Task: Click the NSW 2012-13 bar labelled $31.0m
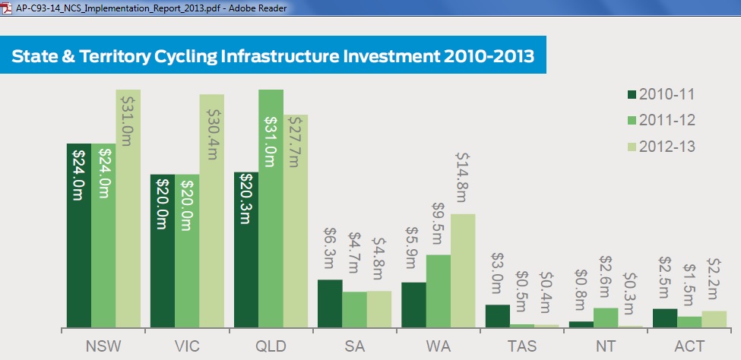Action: click(128, 208)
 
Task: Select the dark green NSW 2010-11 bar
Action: click(79, 235)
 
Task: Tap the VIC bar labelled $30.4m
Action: click(212, 210)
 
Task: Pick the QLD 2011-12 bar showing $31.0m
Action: click(271, 208)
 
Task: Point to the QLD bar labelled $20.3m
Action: click(246, 249)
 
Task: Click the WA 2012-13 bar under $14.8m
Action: click(463, 270)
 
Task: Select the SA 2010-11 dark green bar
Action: click(330, 303)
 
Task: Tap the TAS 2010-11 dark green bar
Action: click(498, 316)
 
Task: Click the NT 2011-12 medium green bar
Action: click(606, 317)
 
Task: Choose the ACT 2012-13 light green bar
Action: click(714, 319)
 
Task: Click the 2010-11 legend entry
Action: click(661, 94)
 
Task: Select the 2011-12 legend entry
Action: click(661, 121)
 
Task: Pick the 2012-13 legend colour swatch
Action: click(632, 147)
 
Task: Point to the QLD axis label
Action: click(271, 346)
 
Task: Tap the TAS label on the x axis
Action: click(523, 346)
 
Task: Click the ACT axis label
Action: click(689, 346)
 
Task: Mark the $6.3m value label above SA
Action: click(330, 248)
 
